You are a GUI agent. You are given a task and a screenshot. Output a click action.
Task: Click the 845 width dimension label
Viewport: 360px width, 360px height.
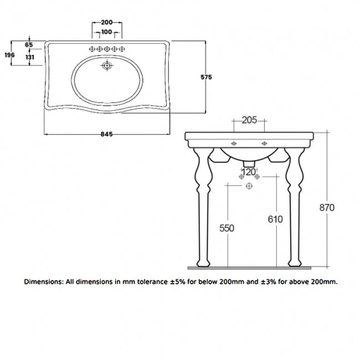click(107, 134)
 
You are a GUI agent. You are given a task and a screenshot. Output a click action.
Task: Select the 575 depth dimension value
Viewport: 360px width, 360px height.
click(206, 78)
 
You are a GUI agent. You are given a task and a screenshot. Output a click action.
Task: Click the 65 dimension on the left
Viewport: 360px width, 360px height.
click(29, 44)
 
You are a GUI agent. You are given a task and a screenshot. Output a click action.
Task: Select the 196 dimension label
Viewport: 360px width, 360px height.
click(9, 54)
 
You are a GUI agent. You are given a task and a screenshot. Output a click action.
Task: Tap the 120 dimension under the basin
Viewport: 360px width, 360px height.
click(249, 172)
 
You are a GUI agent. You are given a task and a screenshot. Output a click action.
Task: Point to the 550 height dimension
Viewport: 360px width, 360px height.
click(227, 228)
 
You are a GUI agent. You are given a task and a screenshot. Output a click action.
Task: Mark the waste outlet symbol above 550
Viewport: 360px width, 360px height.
click(249, 187)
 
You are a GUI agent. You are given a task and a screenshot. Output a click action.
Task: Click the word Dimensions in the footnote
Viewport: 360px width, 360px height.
click(43, 281)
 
